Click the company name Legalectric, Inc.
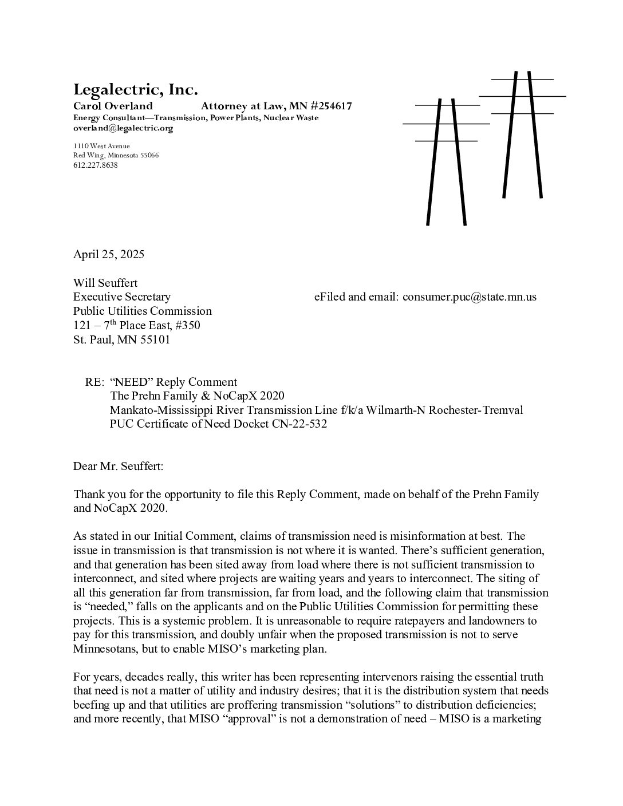point(135,90)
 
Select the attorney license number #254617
point(329,106)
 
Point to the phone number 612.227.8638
point(95,165)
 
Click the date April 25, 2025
point(109,254)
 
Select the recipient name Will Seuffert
point(105,283)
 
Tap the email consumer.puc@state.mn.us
point(470,297)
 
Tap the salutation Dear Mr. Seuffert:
point(118,467)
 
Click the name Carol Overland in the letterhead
point(113,106)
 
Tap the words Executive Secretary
point(122,297)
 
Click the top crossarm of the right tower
point(522,79)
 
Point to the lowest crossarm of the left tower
point(445,140)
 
